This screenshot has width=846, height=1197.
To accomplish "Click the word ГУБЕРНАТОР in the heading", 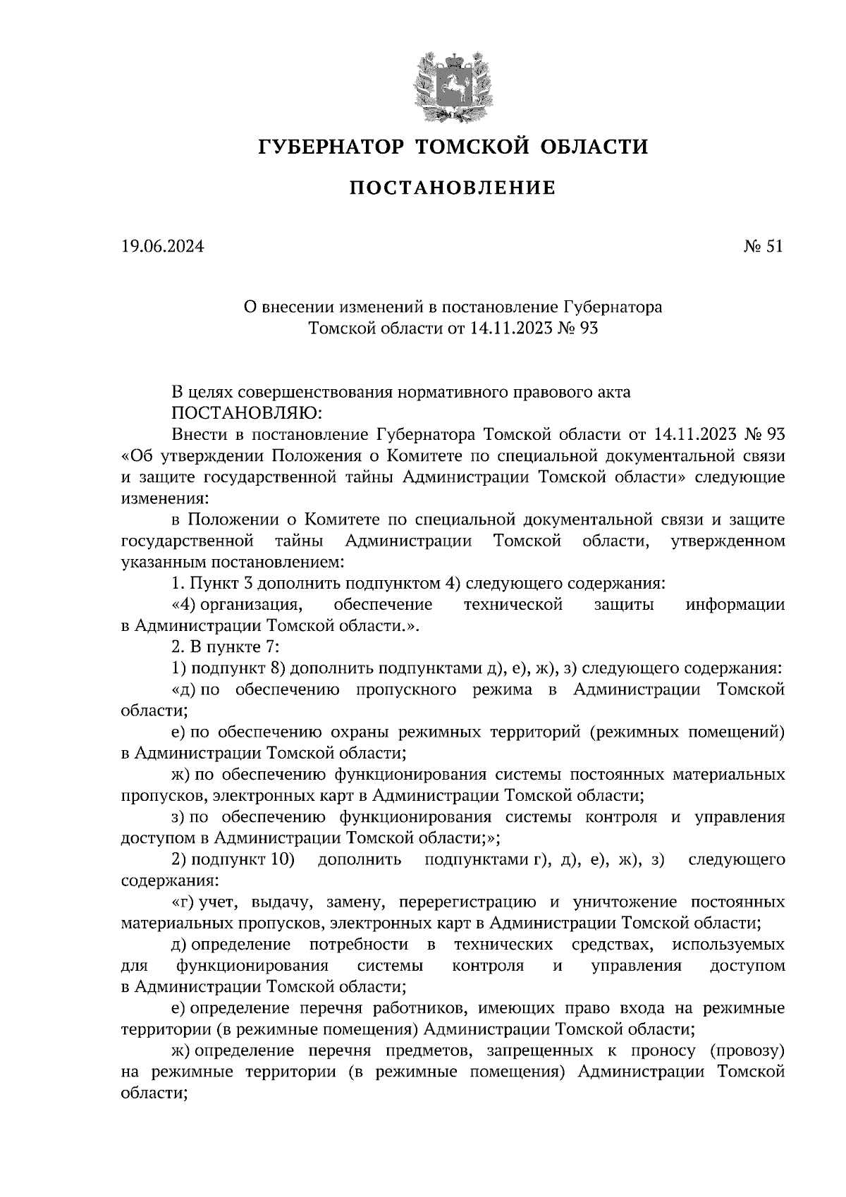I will [331, 147].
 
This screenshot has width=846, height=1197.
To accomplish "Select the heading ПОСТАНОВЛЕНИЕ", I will [453, 188].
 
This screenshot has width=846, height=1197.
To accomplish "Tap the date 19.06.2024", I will [162, 247].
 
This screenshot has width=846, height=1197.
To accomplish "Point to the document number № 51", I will [764, 247].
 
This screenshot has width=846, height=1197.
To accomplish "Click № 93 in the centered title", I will [577, 328].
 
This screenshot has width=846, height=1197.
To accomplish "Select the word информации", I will [736, 605].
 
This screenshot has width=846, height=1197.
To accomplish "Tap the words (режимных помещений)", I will [688, 732].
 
